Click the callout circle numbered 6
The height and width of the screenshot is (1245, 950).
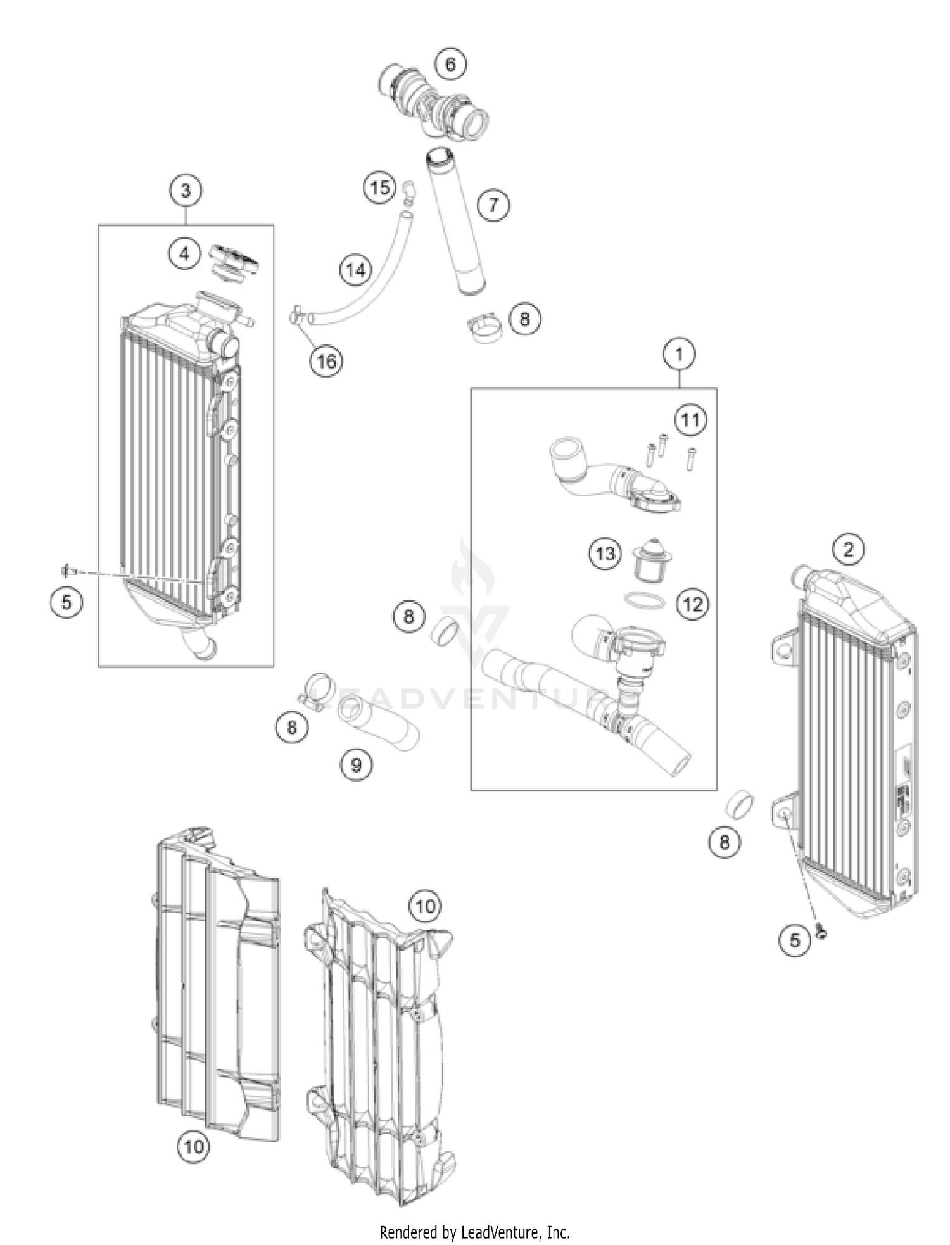[x=450, y=64]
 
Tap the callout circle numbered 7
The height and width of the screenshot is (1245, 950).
[x=493, y=204]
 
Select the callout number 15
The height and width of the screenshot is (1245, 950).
[x=379, y=187]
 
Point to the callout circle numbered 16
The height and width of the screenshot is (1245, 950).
[x=326, y=361]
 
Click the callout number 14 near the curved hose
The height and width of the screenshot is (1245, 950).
[x=356, y=270]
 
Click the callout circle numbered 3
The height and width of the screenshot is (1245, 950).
[x=186, y=190]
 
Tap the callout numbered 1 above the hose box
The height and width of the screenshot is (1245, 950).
[x=680, y=354]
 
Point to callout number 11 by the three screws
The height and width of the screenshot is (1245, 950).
[x=690, y=420]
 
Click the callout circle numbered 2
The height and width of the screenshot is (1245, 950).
[x=849, y=549]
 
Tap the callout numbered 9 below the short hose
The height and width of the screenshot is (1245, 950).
[x=356, y=765]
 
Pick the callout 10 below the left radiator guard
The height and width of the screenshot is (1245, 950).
[x=194, y=1146]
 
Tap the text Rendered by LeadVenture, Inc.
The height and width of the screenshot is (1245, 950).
[x=474, y=1232]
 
